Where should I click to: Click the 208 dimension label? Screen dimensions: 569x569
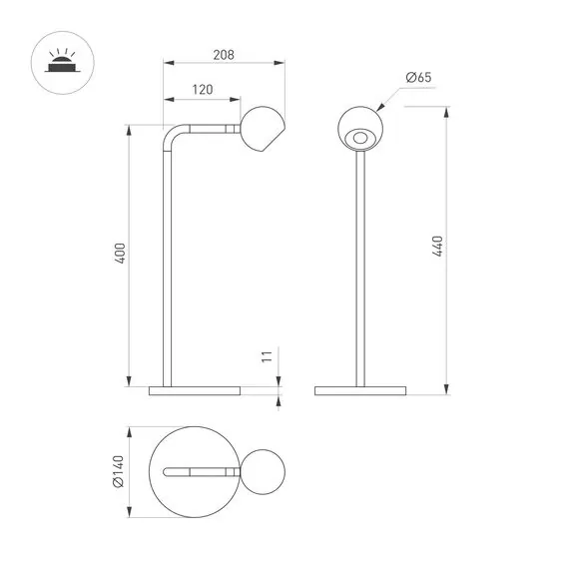pyautogui.click(x=224, y=55)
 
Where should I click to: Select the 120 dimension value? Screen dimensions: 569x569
pyautogui.click(x=202, y=90)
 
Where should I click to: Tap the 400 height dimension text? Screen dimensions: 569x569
pyautogui.click(x=120, y=255)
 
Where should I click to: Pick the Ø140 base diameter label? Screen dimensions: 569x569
pyautogui.click(x=118, y=472)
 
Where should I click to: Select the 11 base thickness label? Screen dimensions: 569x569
pyautogui.click(x=267, y=356)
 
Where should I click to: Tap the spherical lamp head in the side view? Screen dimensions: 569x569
pyautogui.click(x=264, y=129)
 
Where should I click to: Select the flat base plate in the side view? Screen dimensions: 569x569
pyautogui.click(x=195, y=389)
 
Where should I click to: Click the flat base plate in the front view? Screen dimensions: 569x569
pyautogui.click(x=359, y=389)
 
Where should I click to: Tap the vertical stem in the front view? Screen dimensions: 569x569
pyautogui.click(x=359, y=270)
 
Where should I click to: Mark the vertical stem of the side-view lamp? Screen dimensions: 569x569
pyautogui.click(x=168, y=270)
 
